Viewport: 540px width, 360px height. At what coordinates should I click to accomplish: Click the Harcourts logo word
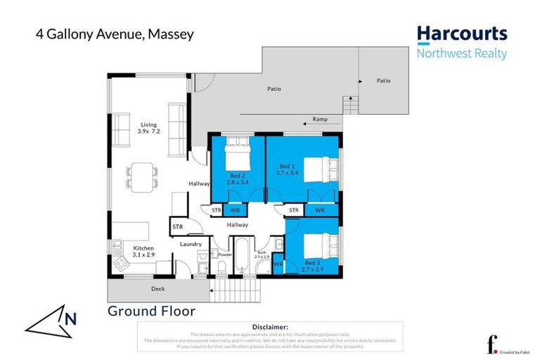point(461,34)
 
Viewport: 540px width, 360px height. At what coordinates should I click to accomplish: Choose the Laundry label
point(191,244)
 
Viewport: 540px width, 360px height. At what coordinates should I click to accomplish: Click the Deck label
point(158,288)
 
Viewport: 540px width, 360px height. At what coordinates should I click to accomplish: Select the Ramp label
point(320,120)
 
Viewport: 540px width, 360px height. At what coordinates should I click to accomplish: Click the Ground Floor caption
point(151,311)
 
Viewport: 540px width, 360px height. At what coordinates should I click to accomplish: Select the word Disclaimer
point(269,327)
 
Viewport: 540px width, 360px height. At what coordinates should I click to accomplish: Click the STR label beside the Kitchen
point(178,226)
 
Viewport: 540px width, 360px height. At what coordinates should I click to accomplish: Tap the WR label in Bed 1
point(319,210)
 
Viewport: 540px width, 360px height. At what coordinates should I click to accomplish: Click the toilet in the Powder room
point(221,265)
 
